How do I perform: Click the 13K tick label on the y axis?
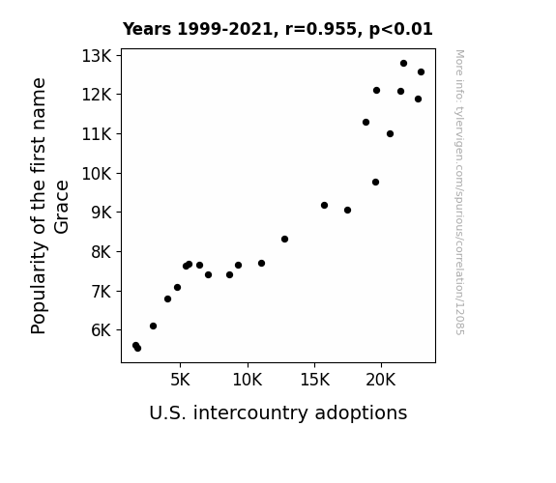click(97, 56)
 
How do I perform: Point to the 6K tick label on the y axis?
click(102, 330)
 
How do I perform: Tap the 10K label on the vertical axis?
click(97, 174)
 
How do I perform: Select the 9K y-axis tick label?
click(102, 213)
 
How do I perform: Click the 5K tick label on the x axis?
click(180, 380)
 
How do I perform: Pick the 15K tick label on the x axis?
click(314, 380)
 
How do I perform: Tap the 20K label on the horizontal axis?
click(381, 380)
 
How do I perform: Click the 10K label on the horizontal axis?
click(248, 380)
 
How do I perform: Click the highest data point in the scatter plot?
click(403, 64)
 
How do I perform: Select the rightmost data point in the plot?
click(421, 71)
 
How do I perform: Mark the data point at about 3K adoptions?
click(153, 326)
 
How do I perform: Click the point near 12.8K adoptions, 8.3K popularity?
click(284, 240)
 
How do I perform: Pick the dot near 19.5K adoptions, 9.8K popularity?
click(375, 183)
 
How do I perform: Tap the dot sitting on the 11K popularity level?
click(390, 133)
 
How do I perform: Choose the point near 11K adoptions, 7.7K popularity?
click(262, 264)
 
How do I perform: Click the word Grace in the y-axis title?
click(62, 208)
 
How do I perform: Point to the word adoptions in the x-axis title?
click(361, 413)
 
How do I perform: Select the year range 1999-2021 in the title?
click(224, 29)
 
